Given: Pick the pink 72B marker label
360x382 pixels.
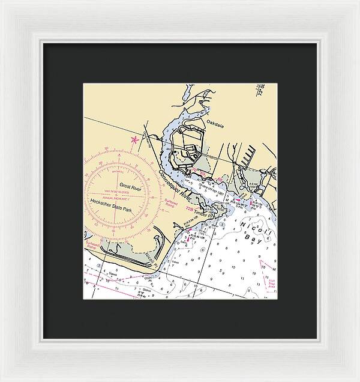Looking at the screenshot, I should click(x=190, y=210).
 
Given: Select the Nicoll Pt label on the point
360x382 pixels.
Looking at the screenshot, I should click(x=151, y=259).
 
